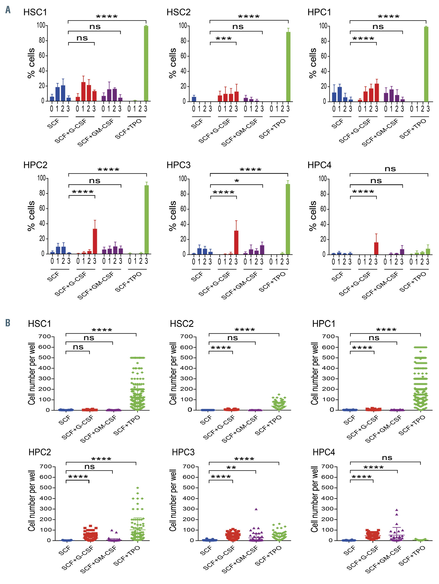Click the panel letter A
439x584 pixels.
click(x=8, y=10)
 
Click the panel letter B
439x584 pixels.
click(x=8, y=323)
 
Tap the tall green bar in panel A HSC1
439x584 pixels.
click(x=146, y=63)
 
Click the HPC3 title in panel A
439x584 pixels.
click(x=178, y=165)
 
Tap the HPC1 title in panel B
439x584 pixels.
click(x=324, y=324)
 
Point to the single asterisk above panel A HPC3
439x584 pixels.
click(x=236, y=181)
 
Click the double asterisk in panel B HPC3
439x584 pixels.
click(x=231, y=468)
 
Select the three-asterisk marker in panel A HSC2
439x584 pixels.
click(x=224, y=39)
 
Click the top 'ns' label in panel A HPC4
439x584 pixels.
click(x=390, y=169)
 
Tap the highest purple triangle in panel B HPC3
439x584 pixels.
click(x=256, y=509)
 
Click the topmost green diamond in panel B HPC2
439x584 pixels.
click(x=137, y=488)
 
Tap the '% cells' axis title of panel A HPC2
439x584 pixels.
click(x=31, y=216)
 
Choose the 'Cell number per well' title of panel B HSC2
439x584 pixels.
click(x=173, y=373)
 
